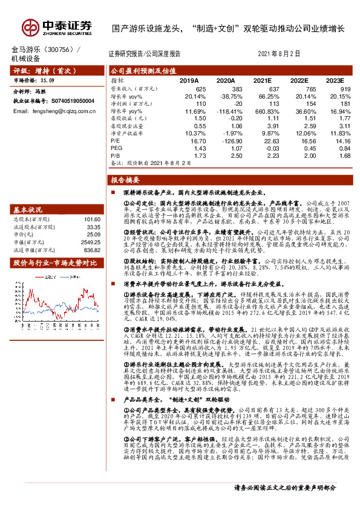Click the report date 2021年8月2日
279,54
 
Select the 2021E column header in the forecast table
262,80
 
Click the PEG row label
116,147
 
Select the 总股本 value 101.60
92,219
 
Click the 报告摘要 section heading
125,180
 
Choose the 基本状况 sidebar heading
29,209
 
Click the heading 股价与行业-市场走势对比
55,263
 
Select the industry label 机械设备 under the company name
25,58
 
